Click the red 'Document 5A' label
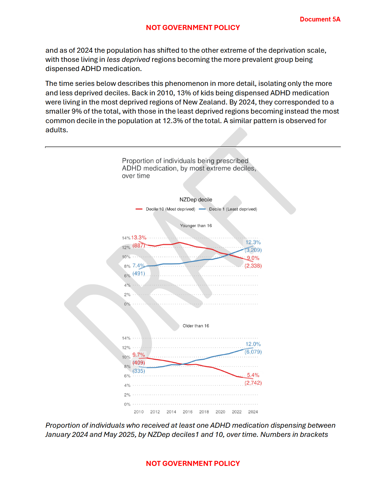point(320,19)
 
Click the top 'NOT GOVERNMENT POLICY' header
point(193,28)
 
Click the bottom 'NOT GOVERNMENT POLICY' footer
point(193,463)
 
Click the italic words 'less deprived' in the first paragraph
point(128,60)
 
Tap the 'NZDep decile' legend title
point(196,200)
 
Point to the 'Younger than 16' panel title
point(196,226)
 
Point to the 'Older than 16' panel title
point(196,326)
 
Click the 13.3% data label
point(139,238)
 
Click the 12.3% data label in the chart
point(253,242)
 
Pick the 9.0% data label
point(253,258)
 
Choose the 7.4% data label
point(138,266)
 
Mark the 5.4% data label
point(253,375)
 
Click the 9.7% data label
point(139,355)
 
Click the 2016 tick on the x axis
point(188,412)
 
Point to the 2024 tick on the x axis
point(253,412)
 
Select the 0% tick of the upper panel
point(127,304)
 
